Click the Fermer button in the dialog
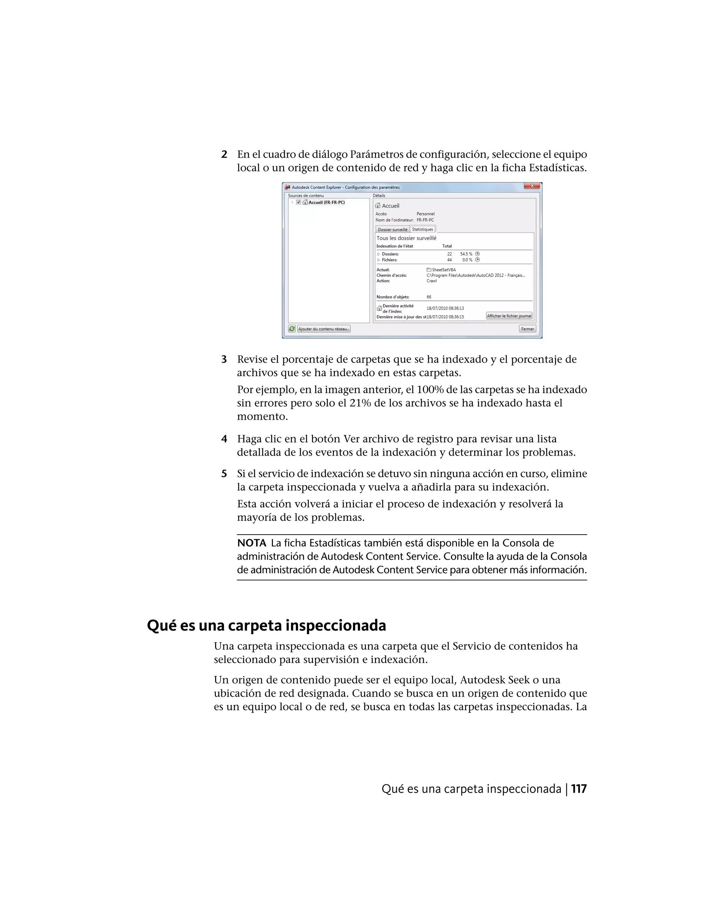527,329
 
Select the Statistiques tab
422,230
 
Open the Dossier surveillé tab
392,230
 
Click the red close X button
532,186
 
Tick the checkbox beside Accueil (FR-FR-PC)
299,202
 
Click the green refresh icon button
292,329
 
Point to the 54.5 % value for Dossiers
466,254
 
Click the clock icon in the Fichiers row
477,260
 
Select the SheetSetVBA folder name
444,270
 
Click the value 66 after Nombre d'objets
429,297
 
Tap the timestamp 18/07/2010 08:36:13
445,309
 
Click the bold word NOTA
252,543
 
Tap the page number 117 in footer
579,789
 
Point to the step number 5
224,474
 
